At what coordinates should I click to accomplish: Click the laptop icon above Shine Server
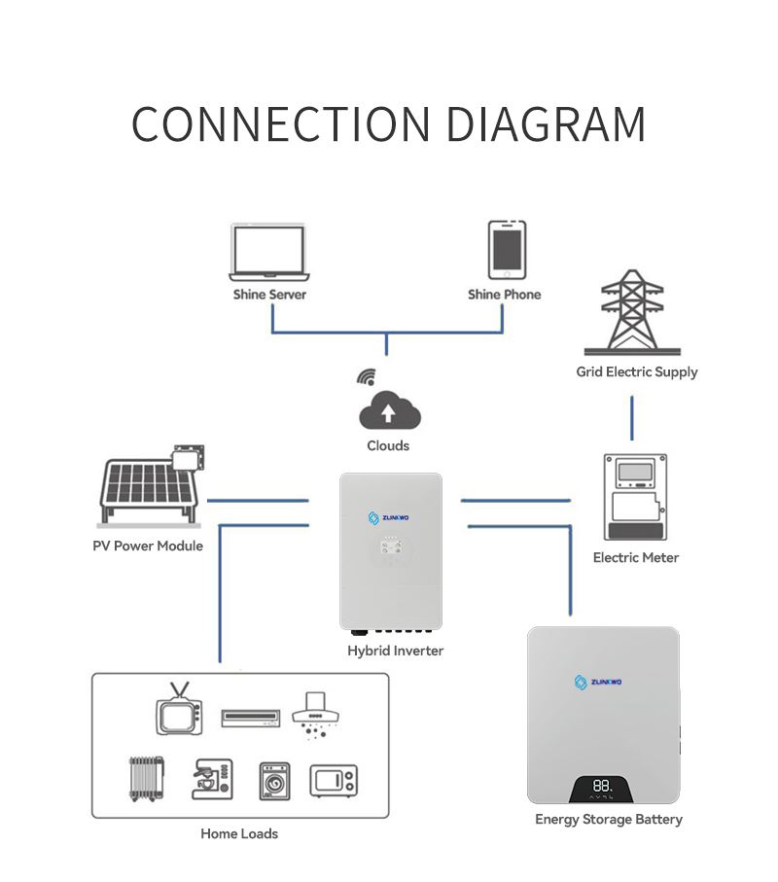pyautogui.click(x=269, y=252)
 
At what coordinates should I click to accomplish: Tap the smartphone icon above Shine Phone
pyautogui.click(x=507, y=250)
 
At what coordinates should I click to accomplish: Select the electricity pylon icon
pyautogui.click(x=632, y=312)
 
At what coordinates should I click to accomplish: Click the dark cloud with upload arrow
pyautogui.click(x=390, y=410)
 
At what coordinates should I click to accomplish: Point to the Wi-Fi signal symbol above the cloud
pyautogui.click(x=367, y=377)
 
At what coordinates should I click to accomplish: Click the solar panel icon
pyautogui.click(x=151, y=485)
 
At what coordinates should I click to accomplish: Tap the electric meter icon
pyautogui.click(x=635, y=497)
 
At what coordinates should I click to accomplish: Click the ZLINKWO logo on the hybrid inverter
pyautogui.click(x=388, y=517)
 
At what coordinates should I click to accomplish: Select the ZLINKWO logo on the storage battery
pyautogui.click(x=598, y=683)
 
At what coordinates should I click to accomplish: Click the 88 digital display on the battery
pyautogui.click(x=601, y=786)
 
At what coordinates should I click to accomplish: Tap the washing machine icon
pyautogui.click(x=274, y=781)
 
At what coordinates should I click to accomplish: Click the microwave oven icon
pyautogui.click(x=334, y=781)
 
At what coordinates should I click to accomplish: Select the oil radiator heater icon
pyautogui.click(x=147, y=779)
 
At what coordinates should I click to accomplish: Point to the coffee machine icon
pyautogui.click(x=212, y=779)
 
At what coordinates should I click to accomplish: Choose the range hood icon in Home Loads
pyautogui.click(x=315, y=715)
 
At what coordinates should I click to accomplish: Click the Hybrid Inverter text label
pyautogui.click(x=396, y=651)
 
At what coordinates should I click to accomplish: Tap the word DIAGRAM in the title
pyautogui.click(x=546, y=124)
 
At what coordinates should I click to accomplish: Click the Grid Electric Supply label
pyautogui.click(x=637, y=371)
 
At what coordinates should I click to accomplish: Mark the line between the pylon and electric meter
pyautogui.click(x=632, y=418)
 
